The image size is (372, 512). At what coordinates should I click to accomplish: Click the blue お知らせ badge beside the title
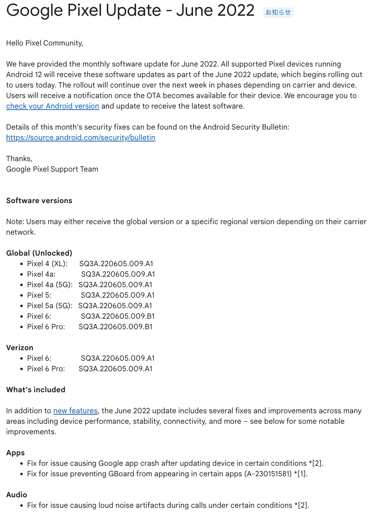click(x=278, y=12)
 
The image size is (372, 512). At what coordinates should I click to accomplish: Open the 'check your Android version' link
click(x=52, y=106)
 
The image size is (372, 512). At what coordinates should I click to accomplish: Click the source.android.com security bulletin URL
click(x=80, y=138)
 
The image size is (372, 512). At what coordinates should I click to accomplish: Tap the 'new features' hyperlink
click(x=75, y=411)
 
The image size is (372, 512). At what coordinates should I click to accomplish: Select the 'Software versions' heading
click(x=39, y=201)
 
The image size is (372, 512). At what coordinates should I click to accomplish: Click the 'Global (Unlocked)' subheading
click(x=39, y=253)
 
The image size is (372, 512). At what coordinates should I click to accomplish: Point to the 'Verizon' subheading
click(x=20, y=348)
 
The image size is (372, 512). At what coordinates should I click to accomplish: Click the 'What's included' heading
click(x=36, y=390)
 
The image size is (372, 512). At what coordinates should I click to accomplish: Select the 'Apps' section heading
click(x=15, y=453)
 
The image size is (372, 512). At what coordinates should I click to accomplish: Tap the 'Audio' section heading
click(x=16, y=495)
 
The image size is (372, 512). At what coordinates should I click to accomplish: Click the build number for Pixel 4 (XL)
click(x=116, y=264)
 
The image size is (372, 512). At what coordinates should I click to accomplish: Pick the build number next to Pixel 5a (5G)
click(x=115, y=306)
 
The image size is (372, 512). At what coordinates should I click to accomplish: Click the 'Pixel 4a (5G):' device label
click(x=50, y=285)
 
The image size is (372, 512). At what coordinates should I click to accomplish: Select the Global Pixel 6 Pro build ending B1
click(x=115, y=327)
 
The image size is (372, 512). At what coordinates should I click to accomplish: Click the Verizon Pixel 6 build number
click(x=117, y=358)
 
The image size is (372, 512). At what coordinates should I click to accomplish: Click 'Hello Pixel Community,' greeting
click(x=45, y=43)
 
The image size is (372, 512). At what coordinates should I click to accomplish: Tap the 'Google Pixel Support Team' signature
click(x=52, y=169)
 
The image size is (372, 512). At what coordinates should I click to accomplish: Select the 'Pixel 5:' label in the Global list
click(x=39, y=295)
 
